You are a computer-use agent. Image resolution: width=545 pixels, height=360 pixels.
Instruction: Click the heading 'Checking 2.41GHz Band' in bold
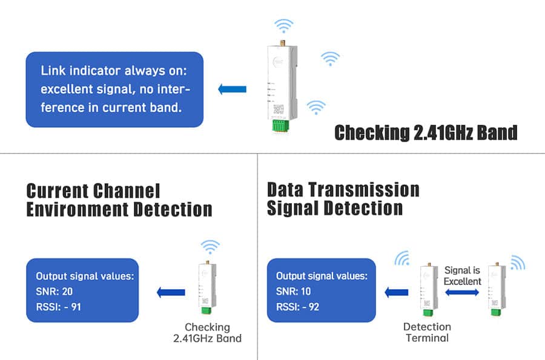coord(426,132)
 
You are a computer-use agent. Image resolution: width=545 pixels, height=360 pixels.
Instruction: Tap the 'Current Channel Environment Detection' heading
coord(119,200)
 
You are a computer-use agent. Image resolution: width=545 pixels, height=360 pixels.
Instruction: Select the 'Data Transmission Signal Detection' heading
coord(343,198)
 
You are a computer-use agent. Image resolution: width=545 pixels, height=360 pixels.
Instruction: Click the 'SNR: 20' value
coord(55,292)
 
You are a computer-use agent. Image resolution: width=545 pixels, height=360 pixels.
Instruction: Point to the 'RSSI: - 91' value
coord(59,307)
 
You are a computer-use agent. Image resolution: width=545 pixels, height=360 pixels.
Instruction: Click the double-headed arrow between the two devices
coord(462,292)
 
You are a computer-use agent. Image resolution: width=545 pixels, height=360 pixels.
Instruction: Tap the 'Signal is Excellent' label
coord(463,276)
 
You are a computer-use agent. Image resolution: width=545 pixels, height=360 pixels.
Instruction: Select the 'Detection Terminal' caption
coord(427,332)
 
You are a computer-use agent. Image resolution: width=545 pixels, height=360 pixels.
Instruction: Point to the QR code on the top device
coord(279,110)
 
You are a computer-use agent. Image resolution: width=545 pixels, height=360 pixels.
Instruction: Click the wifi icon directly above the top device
coord(283,26)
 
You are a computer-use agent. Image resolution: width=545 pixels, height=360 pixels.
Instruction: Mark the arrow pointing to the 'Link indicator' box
coord(232,90)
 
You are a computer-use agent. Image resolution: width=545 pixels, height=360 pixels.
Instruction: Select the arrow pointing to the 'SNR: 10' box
coord(396,292)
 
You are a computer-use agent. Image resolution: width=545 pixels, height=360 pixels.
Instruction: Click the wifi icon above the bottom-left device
coord(210,247)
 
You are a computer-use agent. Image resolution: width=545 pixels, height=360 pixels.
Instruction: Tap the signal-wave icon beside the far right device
coord(518,263)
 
